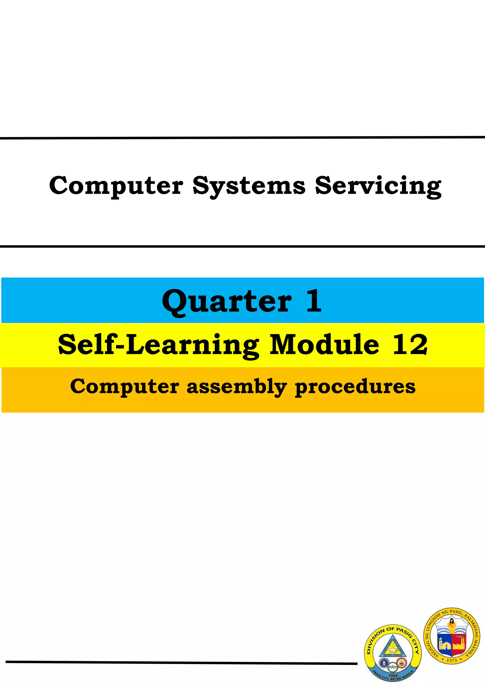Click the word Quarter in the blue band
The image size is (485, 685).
[x=227, y=301]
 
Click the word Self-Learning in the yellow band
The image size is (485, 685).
[x=158, y=345]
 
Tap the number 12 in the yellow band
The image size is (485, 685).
[x=410, y=345]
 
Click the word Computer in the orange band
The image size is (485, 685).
[x=125, y=386]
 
